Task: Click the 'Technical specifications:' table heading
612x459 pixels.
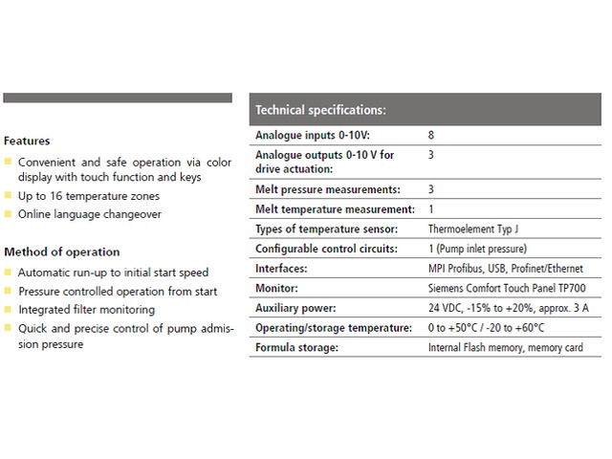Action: (x=320, y=109)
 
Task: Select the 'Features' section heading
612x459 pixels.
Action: (x=27, y=141)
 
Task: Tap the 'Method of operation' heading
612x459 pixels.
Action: (x=62, y=252)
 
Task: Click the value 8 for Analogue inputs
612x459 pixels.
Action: (x=431, y=136)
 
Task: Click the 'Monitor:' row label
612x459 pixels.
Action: (x=278, y=288)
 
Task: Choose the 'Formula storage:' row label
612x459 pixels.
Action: (x=297, y=347)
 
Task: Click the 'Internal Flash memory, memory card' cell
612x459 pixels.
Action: (x=505, y=347)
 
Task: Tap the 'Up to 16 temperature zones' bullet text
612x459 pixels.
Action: (x=89, y=196)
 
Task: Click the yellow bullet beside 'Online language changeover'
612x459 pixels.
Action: (x=9, y=215)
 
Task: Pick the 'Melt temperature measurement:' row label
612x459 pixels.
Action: (x=335, y=209)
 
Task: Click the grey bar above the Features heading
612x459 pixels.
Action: (x=118, y=98)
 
